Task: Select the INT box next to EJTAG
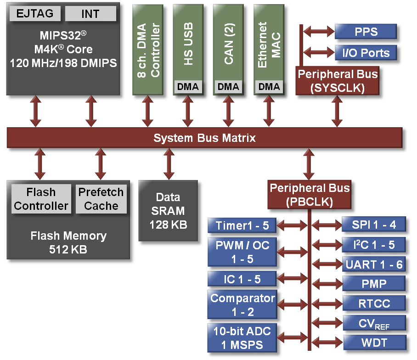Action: coord(90,13)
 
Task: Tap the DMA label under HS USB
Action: coord(188,86)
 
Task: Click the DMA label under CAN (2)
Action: coord(228,86)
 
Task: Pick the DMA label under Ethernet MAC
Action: coord(269,86)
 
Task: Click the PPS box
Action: coord(366,32)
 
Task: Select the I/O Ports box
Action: coord(366,53)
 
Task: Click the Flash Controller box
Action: coord(41,199)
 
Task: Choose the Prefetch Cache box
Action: coord(101,199)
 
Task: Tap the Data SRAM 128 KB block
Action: coord(168,211)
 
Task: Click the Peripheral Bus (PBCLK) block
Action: coord(309,195)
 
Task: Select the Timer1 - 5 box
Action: coord(242,225)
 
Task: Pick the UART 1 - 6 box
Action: coord(374,264)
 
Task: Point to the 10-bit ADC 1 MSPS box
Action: coord(242,337)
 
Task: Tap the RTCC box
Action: coord(374,303)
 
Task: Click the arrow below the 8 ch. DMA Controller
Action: coord(147,112)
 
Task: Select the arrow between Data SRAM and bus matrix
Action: coord(169,164)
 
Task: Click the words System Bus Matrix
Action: coord(204,138)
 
